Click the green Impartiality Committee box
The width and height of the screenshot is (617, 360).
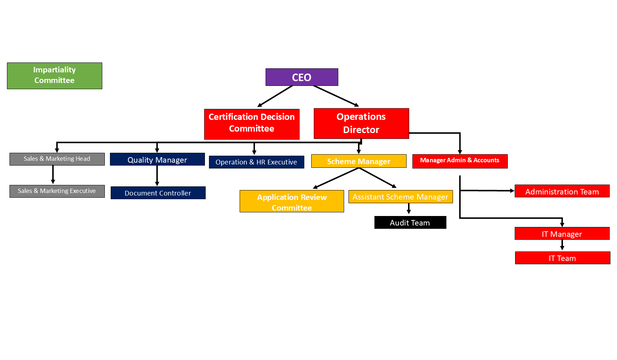(54, 76)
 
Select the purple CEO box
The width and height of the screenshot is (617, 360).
(302, 77)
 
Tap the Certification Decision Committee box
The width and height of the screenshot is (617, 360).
(252, 124)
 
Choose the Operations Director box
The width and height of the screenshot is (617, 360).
(361, 124)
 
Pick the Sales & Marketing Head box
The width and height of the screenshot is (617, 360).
(57, 159)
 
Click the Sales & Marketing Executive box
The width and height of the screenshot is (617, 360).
(57, 191)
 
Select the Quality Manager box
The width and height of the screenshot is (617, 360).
(157, 159)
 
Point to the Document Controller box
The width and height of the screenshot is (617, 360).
(158, 193)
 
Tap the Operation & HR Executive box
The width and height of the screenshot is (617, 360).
(256, 162)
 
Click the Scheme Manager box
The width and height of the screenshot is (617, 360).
(359, 161)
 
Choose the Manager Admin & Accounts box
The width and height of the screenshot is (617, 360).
(460, 161)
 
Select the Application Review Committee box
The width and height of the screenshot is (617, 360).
(292, 201)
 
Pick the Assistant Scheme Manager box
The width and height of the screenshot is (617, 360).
(401, 197)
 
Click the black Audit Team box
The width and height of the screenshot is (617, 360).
(410, 223)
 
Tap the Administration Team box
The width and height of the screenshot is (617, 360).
(562, 191)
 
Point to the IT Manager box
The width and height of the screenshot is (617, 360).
(562, 234)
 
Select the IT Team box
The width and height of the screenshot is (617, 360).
(563, 258)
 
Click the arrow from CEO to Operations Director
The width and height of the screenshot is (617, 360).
(336, 96)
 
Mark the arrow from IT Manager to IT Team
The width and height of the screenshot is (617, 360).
(562, 245)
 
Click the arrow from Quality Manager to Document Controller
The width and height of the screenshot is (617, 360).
(157, 176)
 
